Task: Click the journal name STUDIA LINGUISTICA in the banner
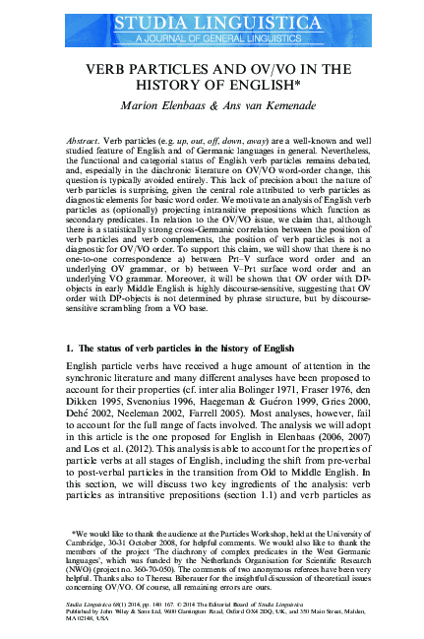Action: tap(212, 17)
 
